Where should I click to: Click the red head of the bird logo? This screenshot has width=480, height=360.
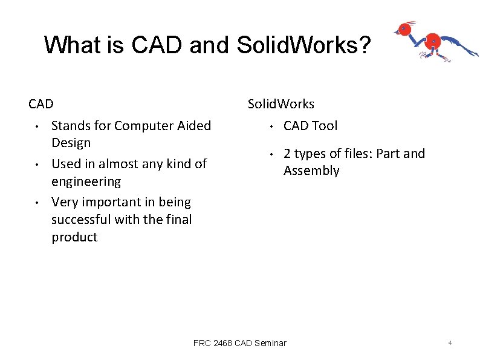click(404, 28)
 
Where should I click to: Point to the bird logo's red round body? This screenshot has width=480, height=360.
click(433, 41)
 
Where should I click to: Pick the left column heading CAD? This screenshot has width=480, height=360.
click(41, 104)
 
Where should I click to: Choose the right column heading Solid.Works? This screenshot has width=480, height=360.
click(281, 104)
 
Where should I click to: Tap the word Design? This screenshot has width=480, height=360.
click(71, 143)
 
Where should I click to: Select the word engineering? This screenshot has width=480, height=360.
click(86, 182)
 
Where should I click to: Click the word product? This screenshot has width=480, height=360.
click(74, 237)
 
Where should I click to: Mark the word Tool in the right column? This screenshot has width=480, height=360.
click(325, 126)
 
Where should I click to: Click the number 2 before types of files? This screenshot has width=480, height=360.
click(287, 154)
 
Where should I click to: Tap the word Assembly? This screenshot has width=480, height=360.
click(311, 171)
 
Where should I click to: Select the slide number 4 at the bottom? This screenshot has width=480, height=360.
click(450, 343)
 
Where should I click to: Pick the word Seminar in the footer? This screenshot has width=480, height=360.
click(270, 343)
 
